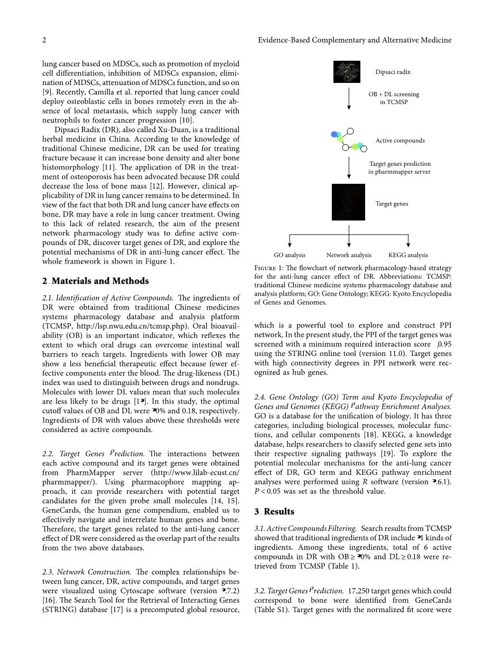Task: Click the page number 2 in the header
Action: click(44, 40)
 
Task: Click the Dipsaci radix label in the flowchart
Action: click(393, 72)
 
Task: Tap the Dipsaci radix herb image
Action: click(347, 72)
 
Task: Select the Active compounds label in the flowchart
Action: click(399, 140)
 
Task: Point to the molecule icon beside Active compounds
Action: click(347, 139)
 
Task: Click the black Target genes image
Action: click(348, 202)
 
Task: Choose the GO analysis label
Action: click(290, 255)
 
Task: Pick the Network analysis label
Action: click(349, 255)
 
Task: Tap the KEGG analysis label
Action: click(408, 255)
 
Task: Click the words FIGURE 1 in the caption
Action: click(269, 269)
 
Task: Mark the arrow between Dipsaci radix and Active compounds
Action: click(349, 98)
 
